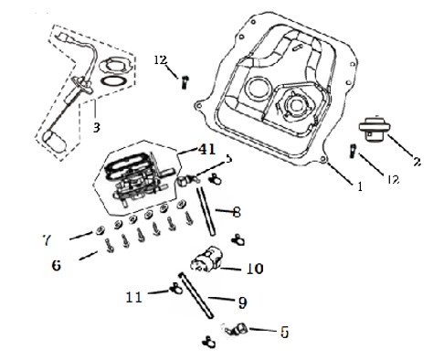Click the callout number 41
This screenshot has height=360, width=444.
click(206, 150)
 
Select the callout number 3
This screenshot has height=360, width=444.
click(96, 127)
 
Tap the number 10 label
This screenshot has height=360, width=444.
click(255, 269)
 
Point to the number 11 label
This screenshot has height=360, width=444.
click(134, 297)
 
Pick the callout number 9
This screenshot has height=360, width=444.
click(242, 302)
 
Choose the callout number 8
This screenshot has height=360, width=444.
click(237, 212)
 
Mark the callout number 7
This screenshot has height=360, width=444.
click(46, 240)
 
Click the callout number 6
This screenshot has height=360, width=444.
click(57, 265)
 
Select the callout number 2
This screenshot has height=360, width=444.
click(418, 161)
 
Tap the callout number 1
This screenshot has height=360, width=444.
click(360, 186)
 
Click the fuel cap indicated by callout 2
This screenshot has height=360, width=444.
click(375, 128)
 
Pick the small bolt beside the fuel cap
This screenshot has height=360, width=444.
click(354, 151)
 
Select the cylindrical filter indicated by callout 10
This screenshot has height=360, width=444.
click(206, 259)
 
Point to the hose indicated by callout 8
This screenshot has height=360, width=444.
click(206, 211)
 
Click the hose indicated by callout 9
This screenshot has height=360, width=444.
click(196, 295)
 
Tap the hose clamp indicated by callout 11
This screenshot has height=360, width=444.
click(176, 288)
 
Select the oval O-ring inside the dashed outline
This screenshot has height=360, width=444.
click(113, 81)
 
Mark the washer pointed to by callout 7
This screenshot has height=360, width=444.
click(99, 231)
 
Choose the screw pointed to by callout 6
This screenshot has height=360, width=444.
click(110, 247)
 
